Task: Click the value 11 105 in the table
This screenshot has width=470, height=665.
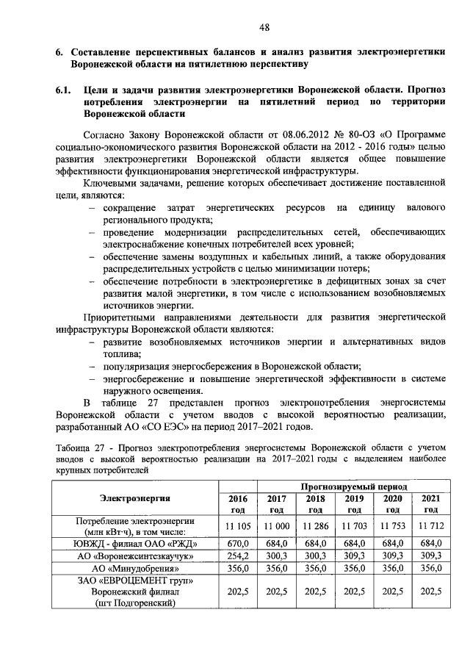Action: [x=237, y=527]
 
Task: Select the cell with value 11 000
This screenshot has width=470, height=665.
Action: [x=276, y=527]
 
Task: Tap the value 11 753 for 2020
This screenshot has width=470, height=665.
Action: [x=393, y=527]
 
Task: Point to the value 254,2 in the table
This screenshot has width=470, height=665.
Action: [x=237, y=556]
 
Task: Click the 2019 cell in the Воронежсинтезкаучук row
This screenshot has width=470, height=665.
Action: [x=354, y=556]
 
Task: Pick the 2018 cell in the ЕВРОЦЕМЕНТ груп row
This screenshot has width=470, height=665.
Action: [x=315, y=592]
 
